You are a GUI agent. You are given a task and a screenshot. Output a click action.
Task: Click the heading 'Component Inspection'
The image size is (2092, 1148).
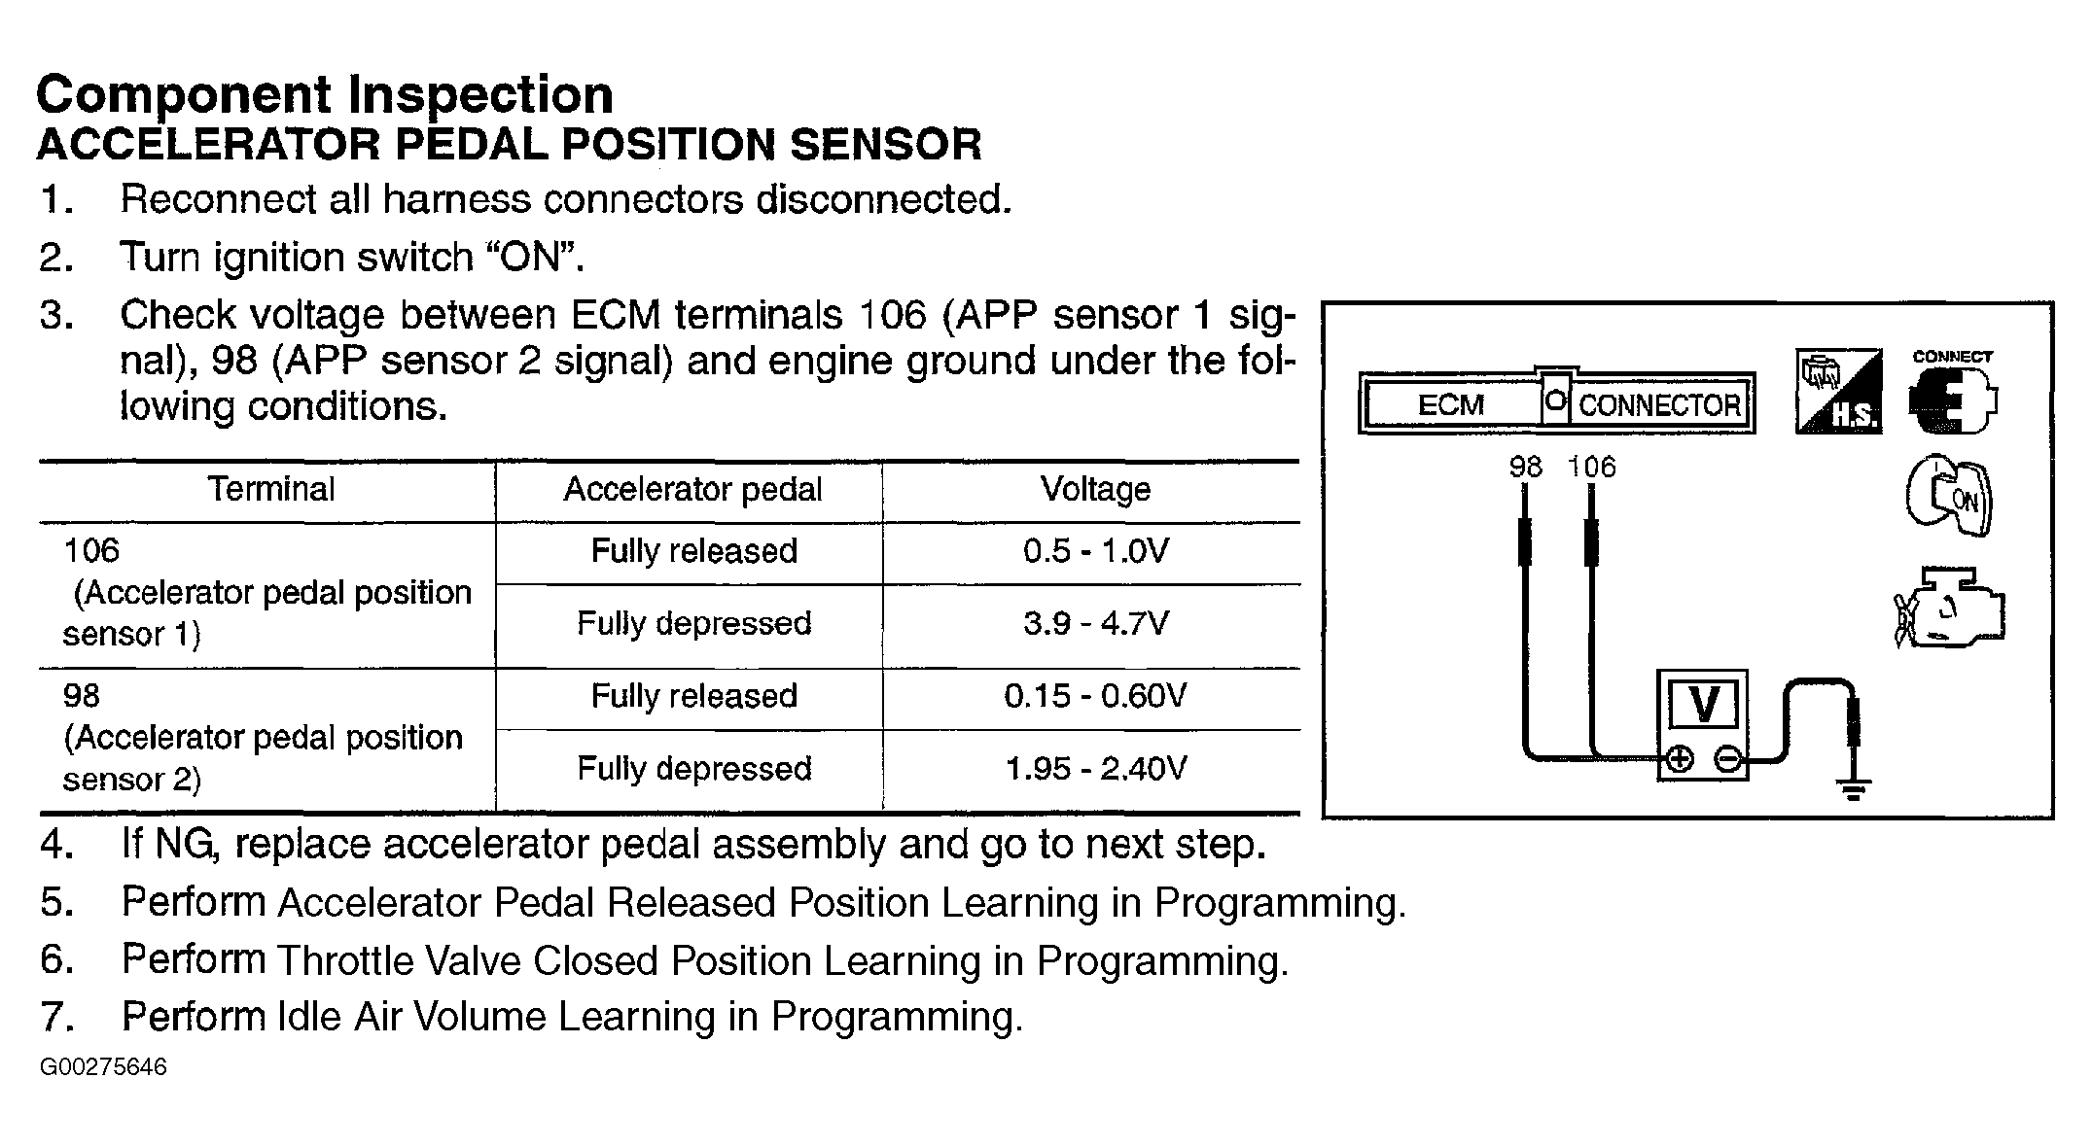pyautogui.click(x=325, y=94)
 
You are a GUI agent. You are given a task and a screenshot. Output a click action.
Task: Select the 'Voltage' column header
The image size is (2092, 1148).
pyautogui.click(x=1095, y=489)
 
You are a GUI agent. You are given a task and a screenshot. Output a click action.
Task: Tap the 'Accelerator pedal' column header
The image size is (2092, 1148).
pyautogui.click(x=692, y=489)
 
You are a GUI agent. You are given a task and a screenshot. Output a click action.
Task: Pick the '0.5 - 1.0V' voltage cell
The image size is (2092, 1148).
pyautogui.click(x=1095, y=551)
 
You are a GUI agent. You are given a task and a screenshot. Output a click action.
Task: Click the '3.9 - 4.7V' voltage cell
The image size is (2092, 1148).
pyautogui.click(x=1095, y=623)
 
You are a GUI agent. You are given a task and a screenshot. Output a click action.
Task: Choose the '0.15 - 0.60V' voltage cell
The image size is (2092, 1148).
pyautogui.click(x=1095, y=696)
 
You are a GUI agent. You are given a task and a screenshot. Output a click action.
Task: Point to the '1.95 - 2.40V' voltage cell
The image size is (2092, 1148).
pyautogui.click(x=1095, y=769)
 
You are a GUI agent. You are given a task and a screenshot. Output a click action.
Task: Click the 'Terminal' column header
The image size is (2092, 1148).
pyautogui.click(x=270, y=489)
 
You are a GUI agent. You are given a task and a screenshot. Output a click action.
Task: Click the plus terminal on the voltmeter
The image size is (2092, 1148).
pyautogui.click(x=1680, y=760)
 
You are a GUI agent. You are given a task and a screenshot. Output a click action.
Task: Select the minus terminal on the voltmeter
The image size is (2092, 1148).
pyautogui.click(x=1727, y=760)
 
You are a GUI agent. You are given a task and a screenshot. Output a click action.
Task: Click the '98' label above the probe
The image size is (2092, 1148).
pyautogui.click(x=1525, y=468)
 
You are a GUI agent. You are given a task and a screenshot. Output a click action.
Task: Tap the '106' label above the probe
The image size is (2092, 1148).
pyautogui.click(x=1591, y=468)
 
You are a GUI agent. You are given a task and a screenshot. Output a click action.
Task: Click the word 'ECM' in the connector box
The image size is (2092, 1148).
pyautogui.click(x=1450, y=404)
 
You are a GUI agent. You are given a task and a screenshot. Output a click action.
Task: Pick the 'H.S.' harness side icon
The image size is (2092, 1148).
pyautogui.click(x=1838, y=391)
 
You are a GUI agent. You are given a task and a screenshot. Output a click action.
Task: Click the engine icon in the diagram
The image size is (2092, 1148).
pyautogui.click(x=1949, y=608)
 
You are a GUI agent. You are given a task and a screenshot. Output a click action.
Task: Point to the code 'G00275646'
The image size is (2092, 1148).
pyautogui.click(x=103, y=1067)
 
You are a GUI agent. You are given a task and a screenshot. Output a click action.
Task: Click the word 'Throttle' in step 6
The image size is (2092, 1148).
pyautogui.click(x=338, y=961)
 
